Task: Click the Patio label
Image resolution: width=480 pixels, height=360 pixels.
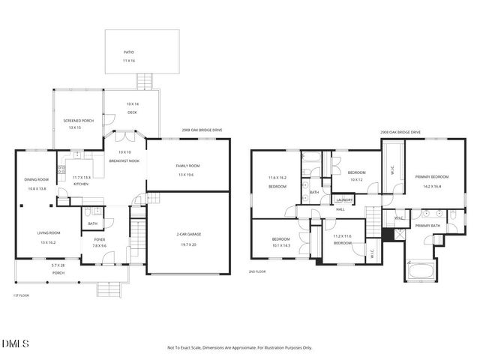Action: (x=129, y=52)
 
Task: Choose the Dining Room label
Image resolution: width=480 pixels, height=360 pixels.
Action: (x=37, y=179)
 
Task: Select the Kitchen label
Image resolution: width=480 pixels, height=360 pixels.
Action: (x=81, y=184)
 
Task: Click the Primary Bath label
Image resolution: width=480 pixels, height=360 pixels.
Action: (x=427, y=226)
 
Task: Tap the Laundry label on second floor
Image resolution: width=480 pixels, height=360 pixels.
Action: (x=344, y=199)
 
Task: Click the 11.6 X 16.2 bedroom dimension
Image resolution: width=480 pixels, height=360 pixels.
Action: (x=278, y=178)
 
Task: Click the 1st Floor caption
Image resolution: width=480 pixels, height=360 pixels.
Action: (x=20, y=295)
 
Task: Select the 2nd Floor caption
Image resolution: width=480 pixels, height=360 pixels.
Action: (x=257, y=271)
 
